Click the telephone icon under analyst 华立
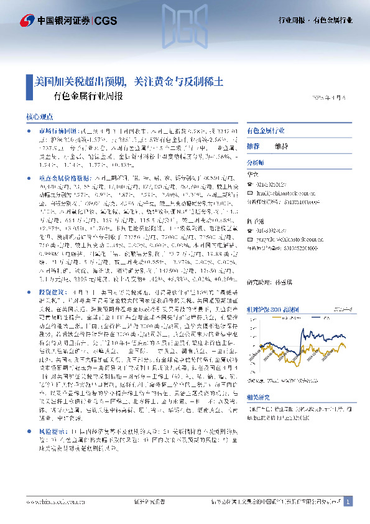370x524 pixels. pyautogui.click(x=250, y=184)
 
